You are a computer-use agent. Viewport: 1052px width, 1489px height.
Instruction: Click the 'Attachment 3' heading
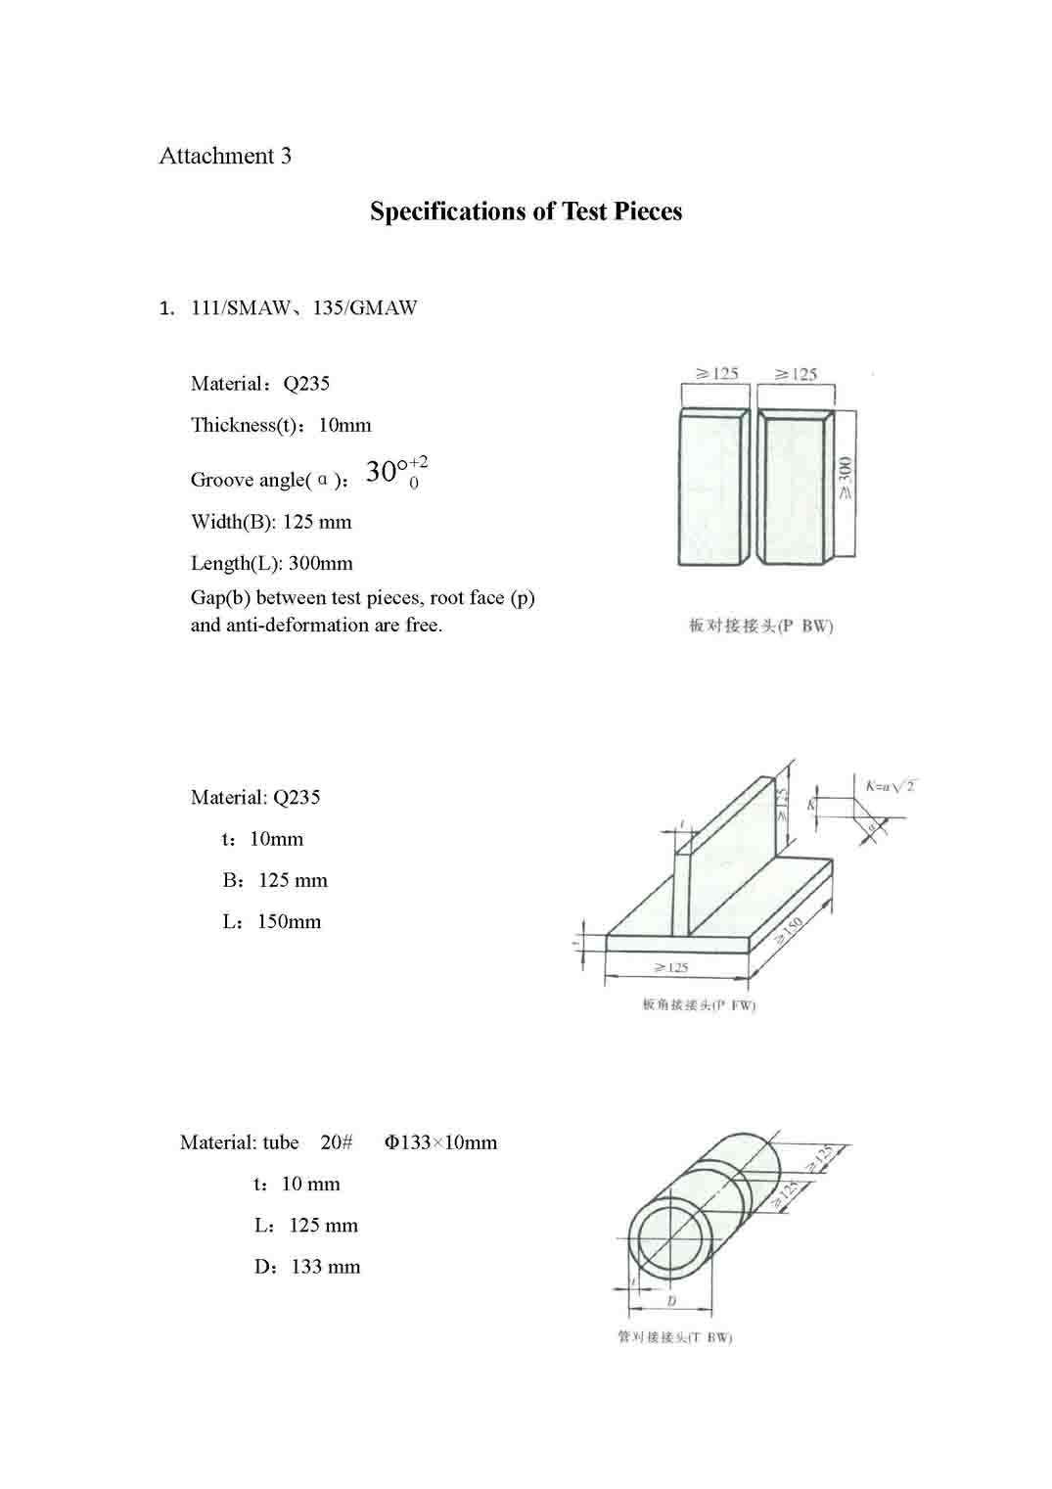click(225, 156)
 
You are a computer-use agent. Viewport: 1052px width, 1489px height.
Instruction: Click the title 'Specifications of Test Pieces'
click(526, 211)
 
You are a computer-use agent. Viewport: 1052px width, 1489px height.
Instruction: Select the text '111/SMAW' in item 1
click(241, 307)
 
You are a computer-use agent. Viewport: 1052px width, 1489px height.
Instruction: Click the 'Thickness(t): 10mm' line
click(281, 425)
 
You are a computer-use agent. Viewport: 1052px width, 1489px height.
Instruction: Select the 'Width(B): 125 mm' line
click(271, 522)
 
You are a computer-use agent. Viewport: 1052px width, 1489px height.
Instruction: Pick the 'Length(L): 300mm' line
click(272, 563)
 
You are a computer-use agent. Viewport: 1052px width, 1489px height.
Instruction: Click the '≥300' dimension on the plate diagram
click(846, 480)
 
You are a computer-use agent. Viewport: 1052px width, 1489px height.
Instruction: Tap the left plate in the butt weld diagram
click(710, 488)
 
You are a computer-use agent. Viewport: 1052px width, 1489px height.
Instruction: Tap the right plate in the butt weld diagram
click(793, 488)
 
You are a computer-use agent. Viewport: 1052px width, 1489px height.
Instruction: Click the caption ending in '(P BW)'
click(760, 626)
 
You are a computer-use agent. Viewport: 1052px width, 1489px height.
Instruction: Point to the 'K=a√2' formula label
click(890, 786)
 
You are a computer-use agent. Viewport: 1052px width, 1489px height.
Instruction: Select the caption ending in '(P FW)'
click(699, 1004)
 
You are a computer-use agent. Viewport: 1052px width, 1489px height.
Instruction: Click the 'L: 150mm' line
click(272, 921)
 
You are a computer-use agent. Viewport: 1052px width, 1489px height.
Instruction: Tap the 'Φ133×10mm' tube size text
click(440, 1142)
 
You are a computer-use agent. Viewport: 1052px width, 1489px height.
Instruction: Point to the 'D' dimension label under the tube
click(671, 1301)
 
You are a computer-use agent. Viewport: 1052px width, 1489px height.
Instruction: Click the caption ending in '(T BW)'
click(674, 1337)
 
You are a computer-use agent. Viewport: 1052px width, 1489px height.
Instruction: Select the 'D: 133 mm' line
click(307, 1267)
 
